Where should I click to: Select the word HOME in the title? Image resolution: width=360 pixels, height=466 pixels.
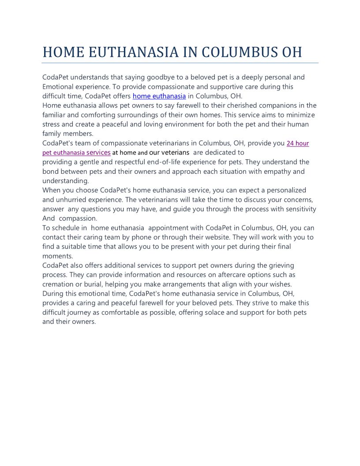point(63,52)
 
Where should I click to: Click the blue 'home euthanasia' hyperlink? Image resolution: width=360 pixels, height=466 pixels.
point(159,96)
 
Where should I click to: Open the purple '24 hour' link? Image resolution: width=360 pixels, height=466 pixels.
point(298,143)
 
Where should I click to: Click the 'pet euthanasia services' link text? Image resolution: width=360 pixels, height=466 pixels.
point(76,152)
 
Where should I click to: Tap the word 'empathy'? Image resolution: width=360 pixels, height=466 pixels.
point(266,171)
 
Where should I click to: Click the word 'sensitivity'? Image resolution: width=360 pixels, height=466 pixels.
point(297,209)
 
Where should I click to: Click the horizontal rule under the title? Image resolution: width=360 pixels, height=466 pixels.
point(180,63)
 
